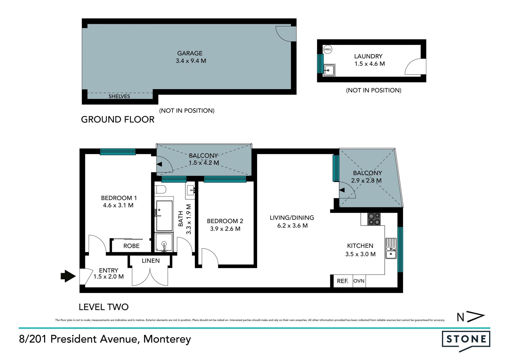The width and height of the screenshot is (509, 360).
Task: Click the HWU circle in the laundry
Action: [328, 49]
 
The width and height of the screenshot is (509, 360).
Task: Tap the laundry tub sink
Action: [329, 70]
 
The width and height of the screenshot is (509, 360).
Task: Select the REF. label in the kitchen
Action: [343, 281]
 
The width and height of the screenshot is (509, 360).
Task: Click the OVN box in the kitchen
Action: [359, 281]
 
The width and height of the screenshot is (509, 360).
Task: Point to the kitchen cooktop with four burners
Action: [374, 219]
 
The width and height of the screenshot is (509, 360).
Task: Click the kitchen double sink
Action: [391, 248]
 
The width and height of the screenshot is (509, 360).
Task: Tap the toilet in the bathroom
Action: [160, 189]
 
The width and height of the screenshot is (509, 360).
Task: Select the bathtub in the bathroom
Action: [164, 216]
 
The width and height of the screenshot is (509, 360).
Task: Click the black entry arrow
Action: [68, 276]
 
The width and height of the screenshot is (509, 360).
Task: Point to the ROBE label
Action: [131, 246]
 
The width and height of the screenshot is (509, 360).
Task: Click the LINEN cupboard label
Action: [151, 261]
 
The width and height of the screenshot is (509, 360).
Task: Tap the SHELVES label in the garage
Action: [119, 96]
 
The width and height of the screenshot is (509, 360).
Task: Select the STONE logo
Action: [466, 341]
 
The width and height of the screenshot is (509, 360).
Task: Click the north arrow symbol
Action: [471, 316]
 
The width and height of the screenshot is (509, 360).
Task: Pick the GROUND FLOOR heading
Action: [118, 120]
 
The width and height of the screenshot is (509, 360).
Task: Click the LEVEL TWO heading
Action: [104, 307]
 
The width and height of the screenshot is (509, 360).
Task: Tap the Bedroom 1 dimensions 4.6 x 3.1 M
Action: [118, 205]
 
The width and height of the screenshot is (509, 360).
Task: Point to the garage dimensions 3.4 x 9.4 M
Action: [191, 61]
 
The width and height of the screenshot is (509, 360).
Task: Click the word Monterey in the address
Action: [167, 339]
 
